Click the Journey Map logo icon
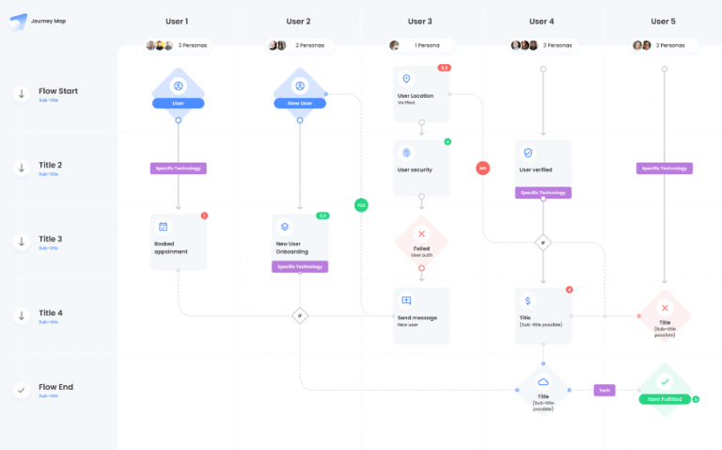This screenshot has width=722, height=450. pyautogui.click(x=16, y=21)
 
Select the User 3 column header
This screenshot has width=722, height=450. pyautogui.click(x=420, y=21)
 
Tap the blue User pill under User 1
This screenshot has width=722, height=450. pyautogui.click(x=178, y=103)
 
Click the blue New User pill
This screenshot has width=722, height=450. pyautogui.click(x=300, y=103)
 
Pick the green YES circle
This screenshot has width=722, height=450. pyautogui.click(x=361, y=204)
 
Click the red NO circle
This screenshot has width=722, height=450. pyautogui.click(x=482, y=169)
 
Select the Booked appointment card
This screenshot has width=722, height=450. pyautogui.click(x=178, y=242)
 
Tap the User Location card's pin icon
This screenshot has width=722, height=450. pyautogui.click(x=406, y=79)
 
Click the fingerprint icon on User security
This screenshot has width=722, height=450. pyautogui.click(x=406, y=153)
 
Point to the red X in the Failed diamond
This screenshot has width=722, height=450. pyautogui.click(x=421, y=233)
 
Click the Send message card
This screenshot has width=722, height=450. pyautogui.click(x=421, y=315)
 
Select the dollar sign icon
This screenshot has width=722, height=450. pyautogui.click(x=527, y=301)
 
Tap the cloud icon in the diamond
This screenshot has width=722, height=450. pyautogui.click(x=542, y=380)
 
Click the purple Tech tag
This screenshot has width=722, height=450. pyautogui.click(x=604, y=390)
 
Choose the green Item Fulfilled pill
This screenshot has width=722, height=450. pyautogui.click(x=664, y=399)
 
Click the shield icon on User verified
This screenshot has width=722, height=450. pyautogui.click(x=527, y=153)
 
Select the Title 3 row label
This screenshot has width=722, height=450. pyautogui.click(x=51, y=240)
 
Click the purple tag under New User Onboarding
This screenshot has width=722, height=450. pyautogui.click(x=300, y=266)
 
